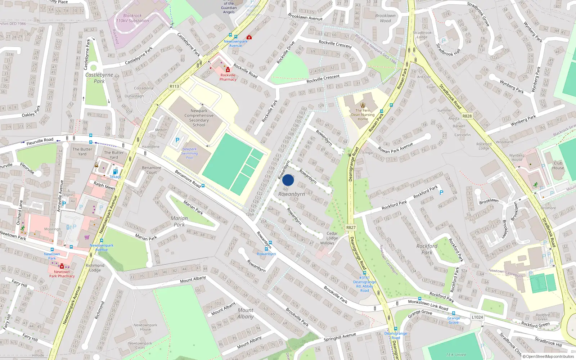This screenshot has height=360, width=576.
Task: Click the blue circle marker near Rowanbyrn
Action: [x=288, y=180]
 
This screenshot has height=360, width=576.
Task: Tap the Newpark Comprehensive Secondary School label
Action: [x=199, y=118]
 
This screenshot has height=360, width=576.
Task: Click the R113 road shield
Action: [x=174, y=86]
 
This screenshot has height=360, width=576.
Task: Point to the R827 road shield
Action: [x=351, y=228]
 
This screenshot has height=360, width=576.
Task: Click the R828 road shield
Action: [x=467, y=116]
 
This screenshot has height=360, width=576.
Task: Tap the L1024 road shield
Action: [x=477, y=317]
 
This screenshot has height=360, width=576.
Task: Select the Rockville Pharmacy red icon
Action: [x=228, y=70]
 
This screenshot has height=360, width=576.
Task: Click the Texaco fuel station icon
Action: [x=115, y=172]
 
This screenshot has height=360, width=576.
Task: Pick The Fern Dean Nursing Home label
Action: [x=363, y=115]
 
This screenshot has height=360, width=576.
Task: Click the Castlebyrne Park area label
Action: [x=99, y=78]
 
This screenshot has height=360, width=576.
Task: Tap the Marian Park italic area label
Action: [x=179, y=221]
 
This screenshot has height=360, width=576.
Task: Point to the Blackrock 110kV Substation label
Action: [x=132, y=18]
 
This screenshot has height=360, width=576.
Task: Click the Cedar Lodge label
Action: [x=332, y=236]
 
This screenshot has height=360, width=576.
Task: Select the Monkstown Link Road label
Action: [x=428, y=305]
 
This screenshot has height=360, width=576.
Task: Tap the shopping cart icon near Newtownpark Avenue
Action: [x=87, y=237]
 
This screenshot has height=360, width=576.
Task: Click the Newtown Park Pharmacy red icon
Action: [x=62, y=266]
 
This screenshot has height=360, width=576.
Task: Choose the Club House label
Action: [x=558, y=166]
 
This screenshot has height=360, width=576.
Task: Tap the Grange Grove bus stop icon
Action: [x=453, y=313]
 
